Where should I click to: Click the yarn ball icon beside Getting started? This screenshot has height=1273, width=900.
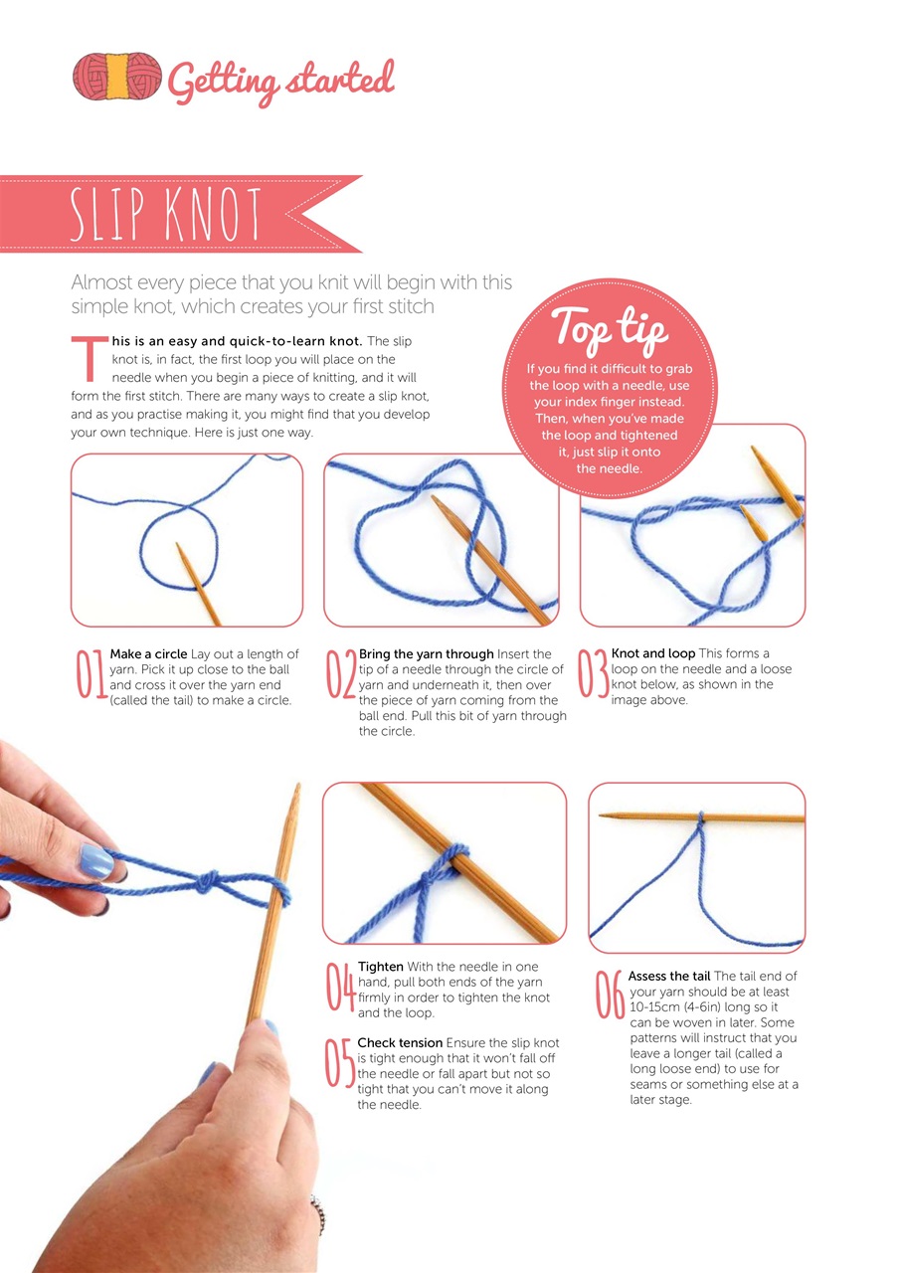117,77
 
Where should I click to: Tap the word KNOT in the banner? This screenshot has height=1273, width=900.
213,215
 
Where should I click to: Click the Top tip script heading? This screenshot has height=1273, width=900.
609,327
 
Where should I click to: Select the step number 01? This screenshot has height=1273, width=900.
90,674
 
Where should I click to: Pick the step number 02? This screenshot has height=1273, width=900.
341,674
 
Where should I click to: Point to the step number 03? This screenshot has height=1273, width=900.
593,673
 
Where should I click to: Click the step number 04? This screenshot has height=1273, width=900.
341,987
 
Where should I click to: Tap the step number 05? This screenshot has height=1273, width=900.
340,1063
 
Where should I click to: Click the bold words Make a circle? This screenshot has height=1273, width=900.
148,654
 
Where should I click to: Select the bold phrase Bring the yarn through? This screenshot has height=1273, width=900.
427,654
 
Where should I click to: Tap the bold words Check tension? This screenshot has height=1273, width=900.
400,1043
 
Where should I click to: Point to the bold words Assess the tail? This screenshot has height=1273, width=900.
669,976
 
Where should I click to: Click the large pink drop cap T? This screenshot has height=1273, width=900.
90,359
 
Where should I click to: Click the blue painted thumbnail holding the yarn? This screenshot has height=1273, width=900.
95,861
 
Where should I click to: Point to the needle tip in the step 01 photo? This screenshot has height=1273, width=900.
177,544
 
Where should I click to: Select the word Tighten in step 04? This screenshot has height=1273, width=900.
381,967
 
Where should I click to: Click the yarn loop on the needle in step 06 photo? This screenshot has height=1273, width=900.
700,818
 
